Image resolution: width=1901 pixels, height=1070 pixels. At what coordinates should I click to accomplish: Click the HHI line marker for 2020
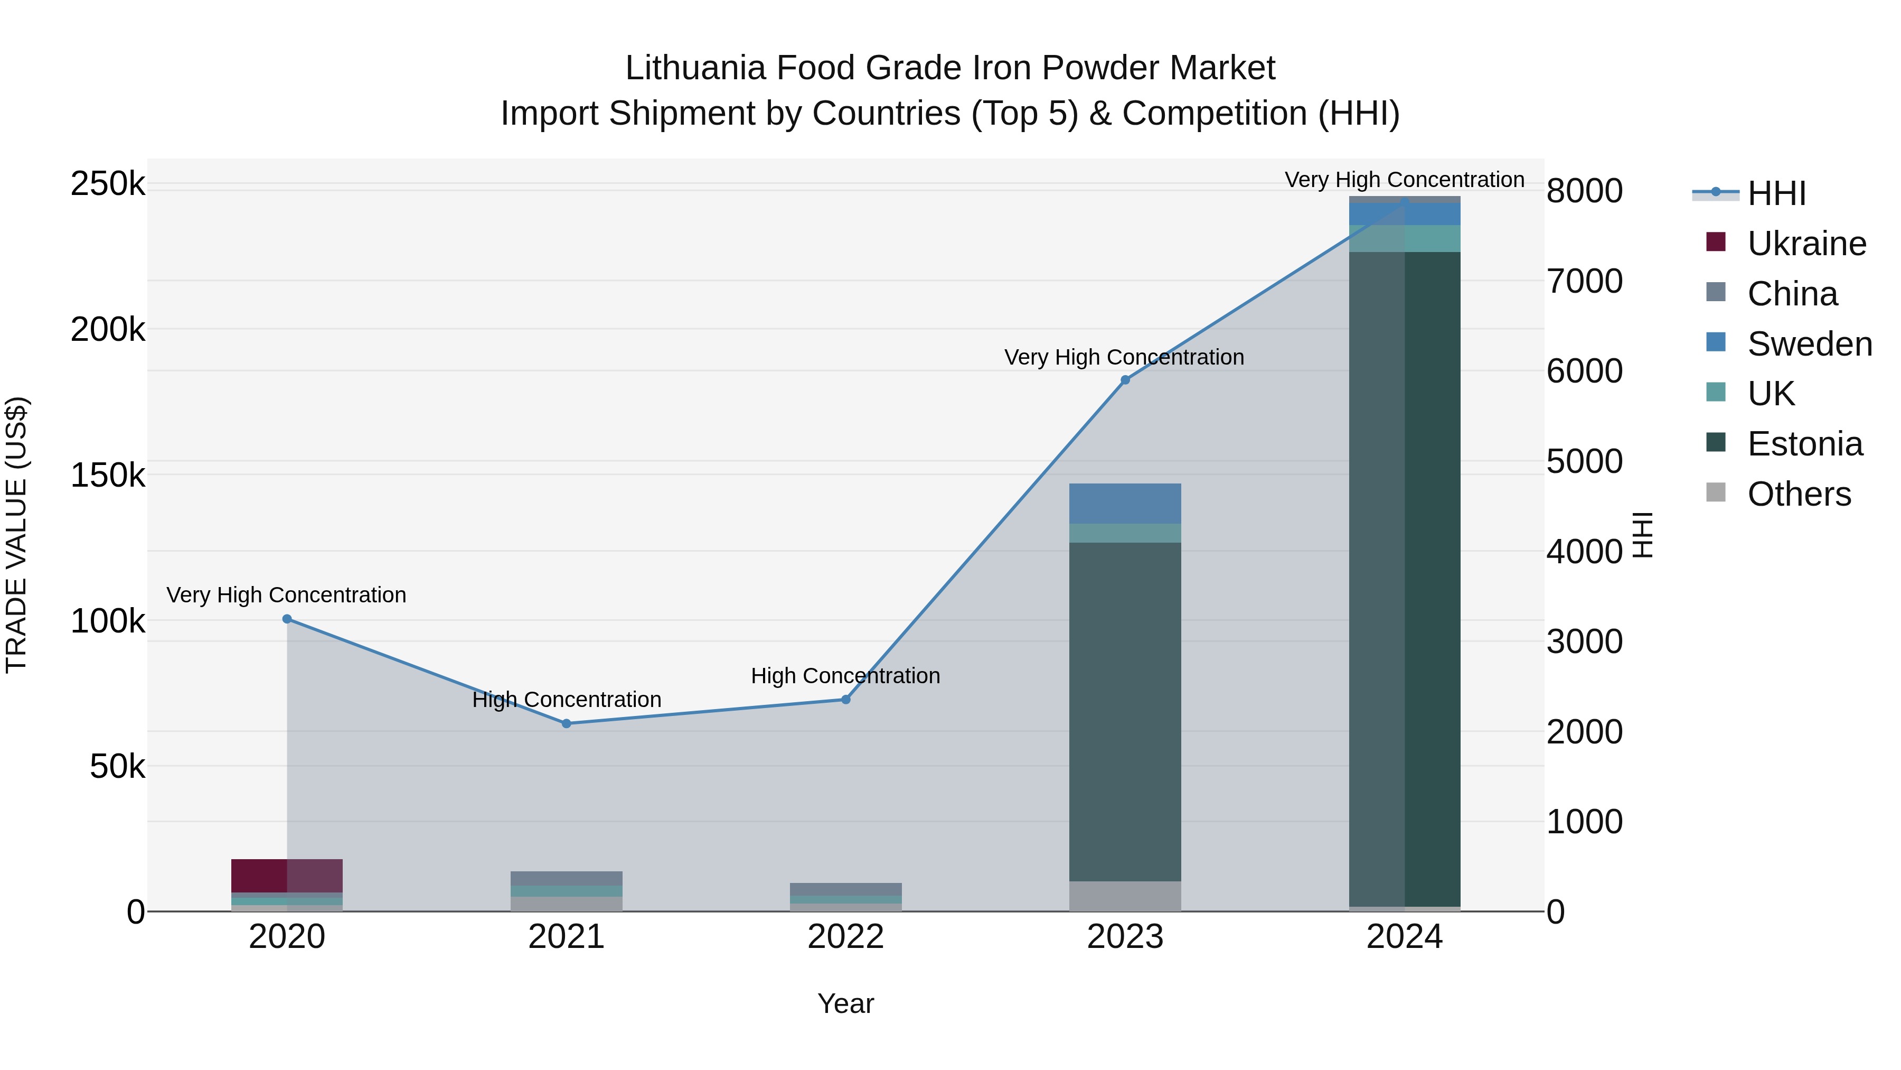point(287,619)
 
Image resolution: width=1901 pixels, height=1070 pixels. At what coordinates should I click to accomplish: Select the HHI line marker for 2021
point(566,724)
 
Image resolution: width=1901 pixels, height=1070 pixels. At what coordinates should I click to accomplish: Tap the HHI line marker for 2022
point(846,699)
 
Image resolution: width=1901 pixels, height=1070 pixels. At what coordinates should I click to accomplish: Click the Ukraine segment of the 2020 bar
point(287,876)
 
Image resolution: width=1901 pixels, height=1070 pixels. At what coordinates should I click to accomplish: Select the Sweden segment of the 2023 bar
point(1125,504)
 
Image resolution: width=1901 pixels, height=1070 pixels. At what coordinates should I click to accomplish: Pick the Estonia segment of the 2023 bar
point(1125,711)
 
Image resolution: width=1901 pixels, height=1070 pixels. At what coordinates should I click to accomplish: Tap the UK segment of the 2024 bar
point(1404,238)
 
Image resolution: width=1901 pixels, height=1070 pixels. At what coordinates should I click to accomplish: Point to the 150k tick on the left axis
point(108,475)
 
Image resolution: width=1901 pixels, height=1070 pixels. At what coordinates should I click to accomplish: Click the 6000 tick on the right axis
point(1584,371)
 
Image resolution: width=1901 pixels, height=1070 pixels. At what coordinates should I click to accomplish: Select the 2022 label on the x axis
point(846,937)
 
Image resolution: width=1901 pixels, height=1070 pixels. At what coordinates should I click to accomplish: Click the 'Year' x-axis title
point(846,1003)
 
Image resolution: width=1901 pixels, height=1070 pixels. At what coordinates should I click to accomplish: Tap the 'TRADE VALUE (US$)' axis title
point(17,535)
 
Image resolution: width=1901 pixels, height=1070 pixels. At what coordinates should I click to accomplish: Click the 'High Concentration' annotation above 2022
point(846,676)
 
